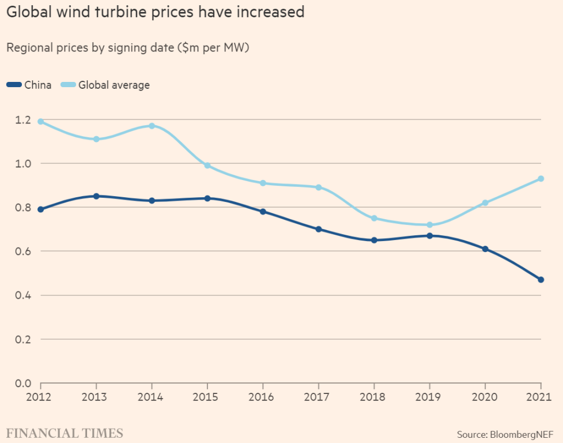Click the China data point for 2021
coord(541,280)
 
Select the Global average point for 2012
coord(40,122)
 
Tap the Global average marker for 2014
coord(152,126)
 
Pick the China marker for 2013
coord(96,196)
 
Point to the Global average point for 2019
coord(430,225)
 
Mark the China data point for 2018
coord(374,240)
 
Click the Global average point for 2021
coord(541,179)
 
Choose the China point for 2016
coord(263,212)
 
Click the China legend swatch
coord(14,85)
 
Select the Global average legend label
coord(114,85)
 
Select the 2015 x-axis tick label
coord(207,397)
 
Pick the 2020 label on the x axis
coord(485,397)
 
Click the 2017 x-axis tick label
coord(319,397)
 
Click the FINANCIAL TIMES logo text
coord(65,433)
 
